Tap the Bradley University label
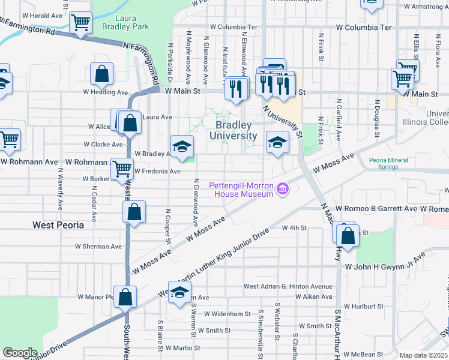pyautogui.click(x=234, y=130)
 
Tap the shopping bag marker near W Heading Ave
pyautogui.click(x=102, y=74)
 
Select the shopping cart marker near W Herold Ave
pyautogui.click(x=80, y=23)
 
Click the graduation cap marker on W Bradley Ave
pyautogui.click(x=182, y=145)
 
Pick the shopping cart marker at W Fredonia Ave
pyautogui.click(x=122, y=168)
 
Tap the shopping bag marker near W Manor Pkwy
pyautogui.click(x=125, y=296)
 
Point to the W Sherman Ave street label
pyautogui.click(x=98, y=247)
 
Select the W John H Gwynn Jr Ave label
pyautogui.click(x=389, y=266)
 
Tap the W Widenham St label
pyautogui.click(x=227, y=314)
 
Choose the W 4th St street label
pyautogui.click(x=294, y=229)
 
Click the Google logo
pyautogui.click(x=20, y=353)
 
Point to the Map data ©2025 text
pyautogui.click(x=423, y=355)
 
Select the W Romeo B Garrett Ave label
pyautogui.click(x=376, y=208)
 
